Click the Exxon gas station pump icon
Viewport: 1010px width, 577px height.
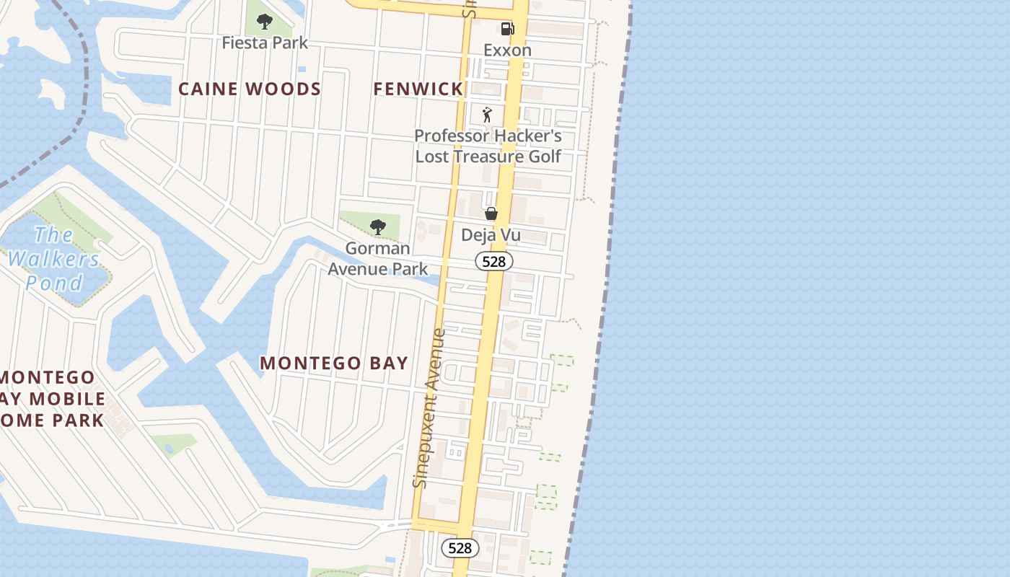point(508,29)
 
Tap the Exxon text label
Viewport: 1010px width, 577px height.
point(507,50)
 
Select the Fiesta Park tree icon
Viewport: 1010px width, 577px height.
point(265,22)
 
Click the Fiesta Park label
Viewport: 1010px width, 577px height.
point(265,43)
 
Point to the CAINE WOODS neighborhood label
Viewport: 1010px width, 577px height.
point(250,89)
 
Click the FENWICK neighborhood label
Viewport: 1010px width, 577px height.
point(418,89)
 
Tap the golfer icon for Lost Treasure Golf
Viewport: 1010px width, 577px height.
point(488,115)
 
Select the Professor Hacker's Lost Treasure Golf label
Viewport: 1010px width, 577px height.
point(488,146)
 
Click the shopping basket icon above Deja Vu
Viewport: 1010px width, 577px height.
point(491,213)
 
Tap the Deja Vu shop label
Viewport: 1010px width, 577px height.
point(491,236)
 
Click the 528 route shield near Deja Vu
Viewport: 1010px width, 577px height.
point(493,261)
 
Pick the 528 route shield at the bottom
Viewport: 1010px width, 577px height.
point(460,548)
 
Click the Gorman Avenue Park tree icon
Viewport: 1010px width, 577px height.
point(377,227)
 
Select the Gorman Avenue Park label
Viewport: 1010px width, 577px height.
point(377,259)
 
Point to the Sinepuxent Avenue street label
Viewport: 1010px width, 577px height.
point(430,408)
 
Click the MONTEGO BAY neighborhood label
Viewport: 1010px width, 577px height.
point(334,364)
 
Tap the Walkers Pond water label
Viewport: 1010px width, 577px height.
point(55,259)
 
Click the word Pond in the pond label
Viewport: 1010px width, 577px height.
point(55,283)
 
